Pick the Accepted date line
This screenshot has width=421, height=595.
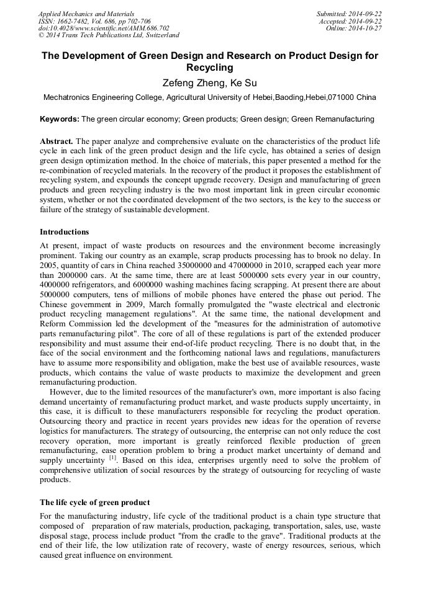click(x=350, y=21)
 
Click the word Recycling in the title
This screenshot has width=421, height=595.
click(x=210, y=67)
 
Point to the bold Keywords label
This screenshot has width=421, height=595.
click(x=60, y=119)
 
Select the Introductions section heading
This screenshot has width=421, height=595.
click(x=64, y=232)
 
